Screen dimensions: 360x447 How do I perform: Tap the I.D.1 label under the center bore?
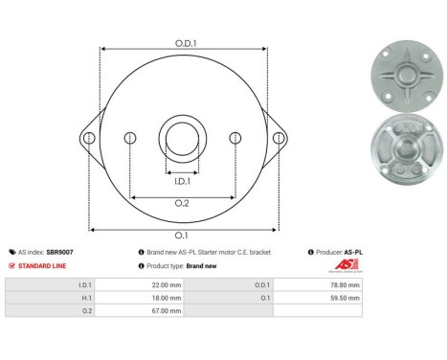tap(182, 180)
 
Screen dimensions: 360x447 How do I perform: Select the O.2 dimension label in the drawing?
tap(182, 204)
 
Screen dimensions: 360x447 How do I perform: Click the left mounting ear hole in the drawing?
tap(89, 138)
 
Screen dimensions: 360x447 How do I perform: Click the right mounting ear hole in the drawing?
tap(279, 138)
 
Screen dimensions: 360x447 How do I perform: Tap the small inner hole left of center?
tap(129, 139)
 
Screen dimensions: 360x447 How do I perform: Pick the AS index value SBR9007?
tap(60, 252)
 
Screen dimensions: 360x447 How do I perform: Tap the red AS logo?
tap(345, 265)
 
